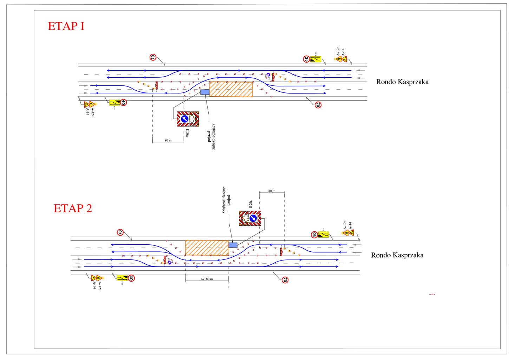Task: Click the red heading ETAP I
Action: click(x=66, y=26)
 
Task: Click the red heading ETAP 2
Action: click(x=73, y=208)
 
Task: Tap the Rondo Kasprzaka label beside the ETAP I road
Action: click(x=402, y=82)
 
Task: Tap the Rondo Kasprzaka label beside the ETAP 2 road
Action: click(x=397, y=255)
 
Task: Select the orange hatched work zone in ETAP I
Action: click(x=231, y=89)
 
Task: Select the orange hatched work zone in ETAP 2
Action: click(x=207, y=248)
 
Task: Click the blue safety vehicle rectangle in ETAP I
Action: click(x=204, y=92)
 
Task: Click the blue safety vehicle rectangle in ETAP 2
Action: click(x=233, y=245)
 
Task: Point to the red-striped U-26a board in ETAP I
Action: click(x=188, y=119)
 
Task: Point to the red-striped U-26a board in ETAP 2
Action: click(x=250, y=218)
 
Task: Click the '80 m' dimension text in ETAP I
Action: click(x=168, y=141)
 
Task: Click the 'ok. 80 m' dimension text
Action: click(x=207, y=279)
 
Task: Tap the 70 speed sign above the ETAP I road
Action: click(x=153, y=57)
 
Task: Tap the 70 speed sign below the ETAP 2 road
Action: click(x=285, y=280)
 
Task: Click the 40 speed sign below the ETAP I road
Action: click(x=123, y=103)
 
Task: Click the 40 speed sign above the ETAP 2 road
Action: click(x=314, y=234)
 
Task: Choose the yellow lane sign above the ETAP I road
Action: click(x=315, y=59)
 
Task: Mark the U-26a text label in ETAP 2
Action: click(x=250, y=205)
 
